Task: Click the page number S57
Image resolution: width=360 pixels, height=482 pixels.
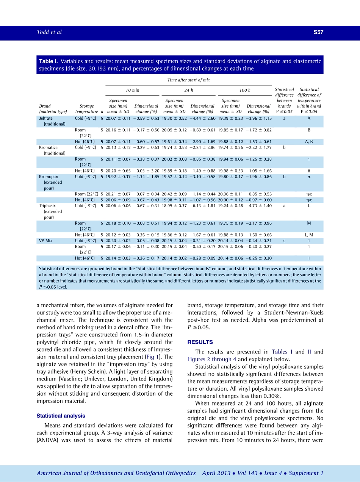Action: click(318, 33)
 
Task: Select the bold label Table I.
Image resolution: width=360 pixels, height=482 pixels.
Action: click(49, 61)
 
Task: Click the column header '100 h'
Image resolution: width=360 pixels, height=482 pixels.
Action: click(245, 90)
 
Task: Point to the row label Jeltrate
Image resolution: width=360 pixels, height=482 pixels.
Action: click(46, 119)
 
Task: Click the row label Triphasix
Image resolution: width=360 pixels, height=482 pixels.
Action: click(47, 206)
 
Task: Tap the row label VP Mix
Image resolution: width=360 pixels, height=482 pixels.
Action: click(46, 241)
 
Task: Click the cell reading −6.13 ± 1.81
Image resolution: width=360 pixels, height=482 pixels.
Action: click(203, 206)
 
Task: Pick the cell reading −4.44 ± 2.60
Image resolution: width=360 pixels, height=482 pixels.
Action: click(203, 119)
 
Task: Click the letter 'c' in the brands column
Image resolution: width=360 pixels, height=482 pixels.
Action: click(284, 241)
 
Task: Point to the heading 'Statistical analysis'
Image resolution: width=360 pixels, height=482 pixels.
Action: click(61, 416)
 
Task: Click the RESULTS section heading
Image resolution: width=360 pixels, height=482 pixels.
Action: click(200, 342)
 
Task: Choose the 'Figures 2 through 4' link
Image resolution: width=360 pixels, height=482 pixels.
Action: click(212, 359)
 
